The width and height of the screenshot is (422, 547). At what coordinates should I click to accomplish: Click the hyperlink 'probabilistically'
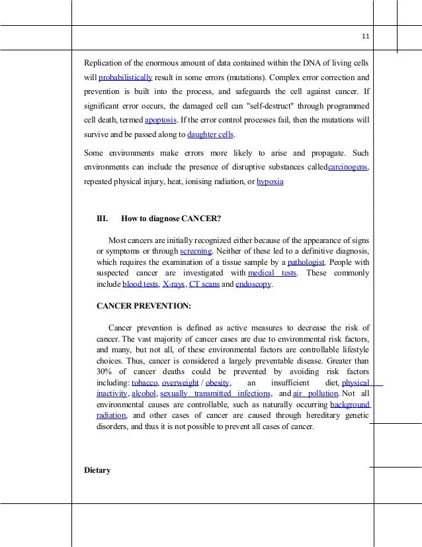pyautogui.click(x=125, y=77)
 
